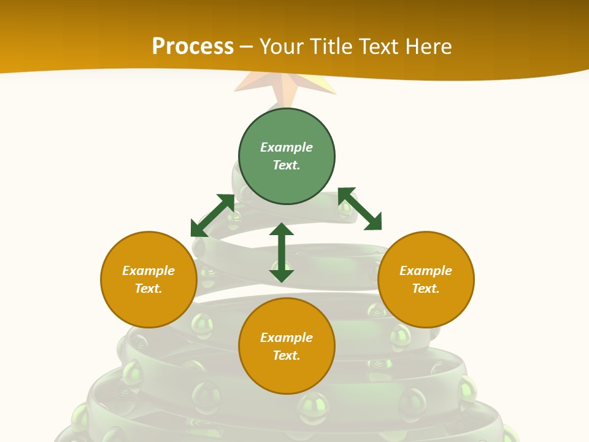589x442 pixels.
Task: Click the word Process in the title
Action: pyautogui.click(x=193, y=47)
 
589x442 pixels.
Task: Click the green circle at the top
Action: pyautogui.click(x=287, y=157)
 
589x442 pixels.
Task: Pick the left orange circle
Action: pyautogui.click(x=148, y=279)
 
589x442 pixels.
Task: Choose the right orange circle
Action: pyautogui.click(x=426, y=279)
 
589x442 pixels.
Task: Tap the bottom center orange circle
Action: pyautogui.click(x=287, y=346)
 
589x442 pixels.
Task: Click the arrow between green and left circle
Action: pyautogui.click(x=213, y=215)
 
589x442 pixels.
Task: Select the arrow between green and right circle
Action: pyautogui.click(x=360, y=209)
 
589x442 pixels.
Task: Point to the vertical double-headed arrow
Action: pyautogui.click(x=282, y=252)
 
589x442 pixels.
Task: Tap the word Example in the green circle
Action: pyautogui.click(x=287, y=147)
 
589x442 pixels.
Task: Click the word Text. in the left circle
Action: pyautogui.click(x=148, y=289)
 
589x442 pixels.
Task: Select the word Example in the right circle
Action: pyautogui.click(x=426, y=271)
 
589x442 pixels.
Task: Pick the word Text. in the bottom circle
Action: pyautogui.click(x=287, y=355)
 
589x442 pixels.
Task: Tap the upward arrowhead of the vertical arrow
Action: pyautogui.click(x=282, y=230)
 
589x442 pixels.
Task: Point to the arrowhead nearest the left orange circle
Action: pyautogui.click(x=199, y=228)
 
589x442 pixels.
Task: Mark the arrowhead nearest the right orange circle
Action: pyautogui.click(x=374, y=223)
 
